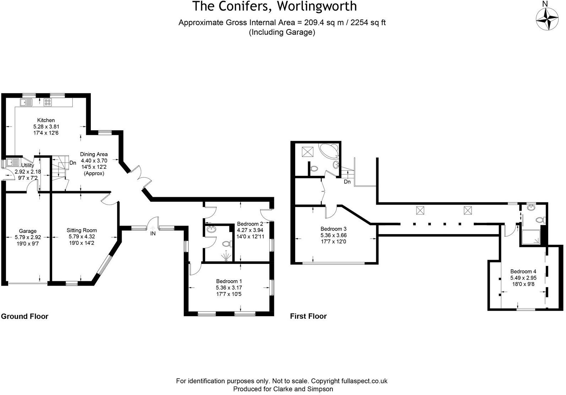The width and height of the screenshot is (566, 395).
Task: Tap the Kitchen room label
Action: pos(46,120)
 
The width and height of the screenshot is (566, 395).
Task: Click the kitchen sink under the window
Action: pos(26,103)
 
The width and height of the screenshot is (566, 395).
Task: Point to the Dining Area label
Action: pos(94,154)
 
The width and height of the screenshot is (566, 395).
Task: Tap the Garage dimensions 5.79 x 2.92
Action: pos(28,237)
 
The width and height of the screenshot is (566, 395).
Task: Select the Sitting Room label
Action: pos(82,230)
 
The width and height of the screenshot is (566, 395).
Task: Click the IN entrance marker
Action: pos(153,233)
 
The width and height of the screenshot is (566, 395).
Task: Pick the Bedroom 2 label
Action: pos(250,224)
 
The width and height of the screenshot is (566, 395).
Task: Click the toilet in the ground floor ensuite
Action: pos(226,244)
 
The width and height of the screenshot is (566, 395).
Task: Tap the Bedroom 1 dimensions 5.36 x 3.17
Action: pos(229,287)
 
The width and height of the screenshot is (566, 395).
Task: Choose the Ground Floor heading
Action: pos(25,316)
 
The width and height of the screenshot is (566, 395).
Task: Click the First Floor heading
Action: pos(308,316)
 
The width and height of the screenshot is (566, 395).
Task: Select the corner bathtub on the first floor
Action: pos(328,152)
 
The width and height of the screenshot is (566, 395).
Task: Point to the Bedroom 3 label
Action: pos(333,229)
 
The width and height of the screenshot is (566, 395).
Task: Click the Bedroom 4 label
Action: pos(523,271)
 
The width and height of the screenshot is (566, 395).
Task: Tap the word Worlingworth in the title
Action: pos(317,6)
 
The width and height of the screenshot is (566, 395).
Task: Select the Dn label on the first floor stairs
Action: pos(347,182)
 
